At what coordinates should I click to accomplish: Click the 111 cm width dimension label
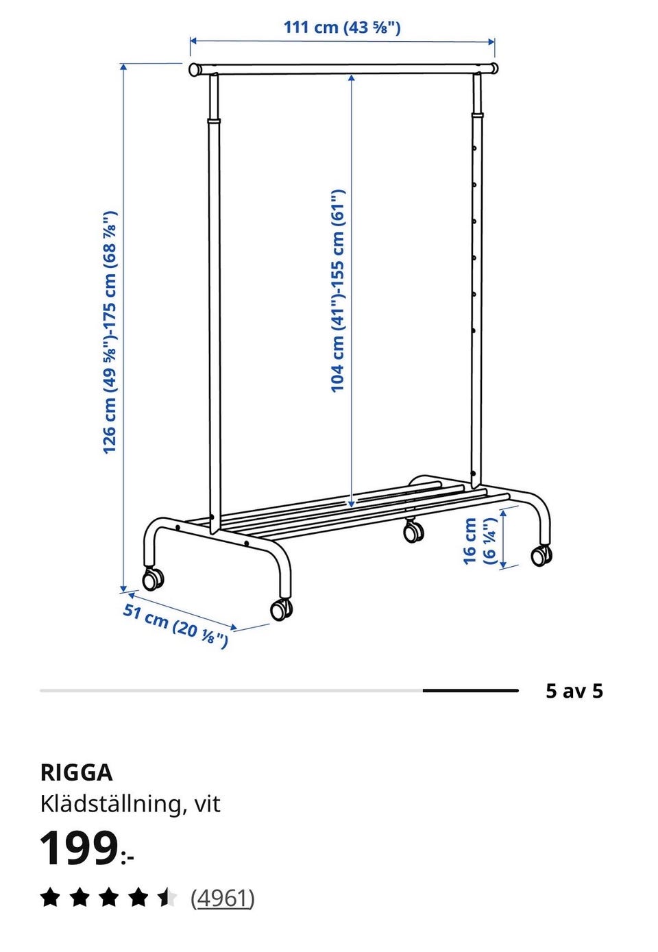pos(342,27)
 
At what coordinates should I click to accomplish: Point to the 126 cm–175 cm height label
pos(110,332)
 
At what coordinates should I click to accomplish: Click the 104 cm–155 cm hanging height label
pos(338,291)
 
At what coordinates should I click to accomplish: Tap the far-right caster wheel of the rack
pos(541,554)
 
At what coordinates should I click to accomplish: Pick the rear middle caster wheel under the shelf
pos(413,530)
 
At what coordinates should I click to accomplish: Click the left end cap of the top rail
pos(195,69)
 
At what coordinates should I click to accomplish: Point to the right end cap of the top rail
pos(494,68)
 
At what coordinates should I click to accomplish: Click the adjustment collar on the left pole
pos(214,121)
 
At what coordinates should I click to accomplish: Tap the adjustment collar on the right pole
pos(477,115)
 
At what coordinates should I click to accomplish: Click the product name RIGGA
pos(77,773)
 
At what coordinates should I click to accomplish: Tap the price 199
pos(78,849)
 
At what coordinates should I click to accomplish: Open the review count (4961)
pos(222,899)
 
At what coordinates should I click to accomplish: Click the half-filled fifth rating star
pos(167,898)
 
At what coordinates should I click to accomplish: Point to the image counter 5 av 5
pos(574,691)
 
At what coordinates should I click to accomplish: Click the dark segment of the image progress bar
pos(471,691)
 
